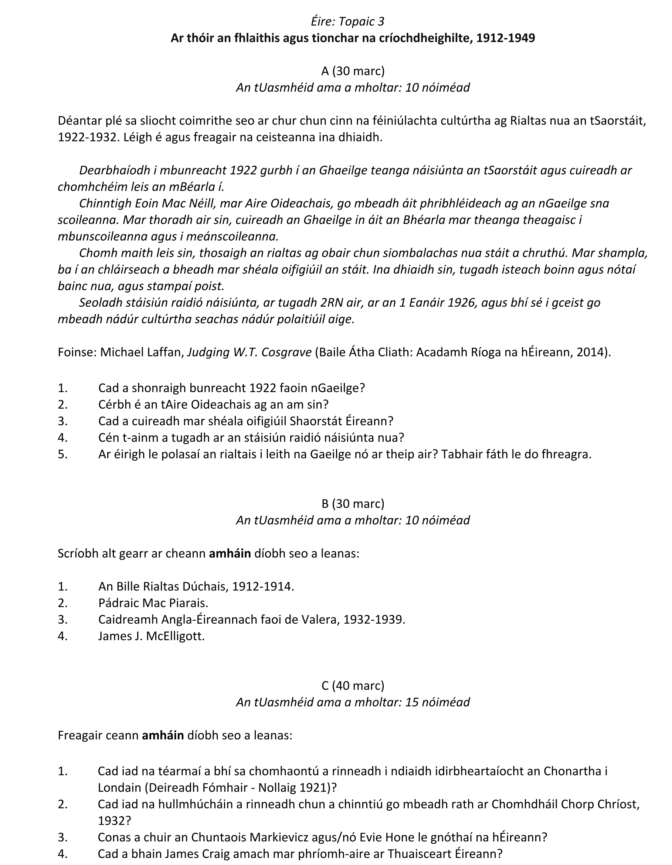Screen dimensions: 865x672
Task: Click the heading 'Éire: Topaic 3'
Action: pos(347,21)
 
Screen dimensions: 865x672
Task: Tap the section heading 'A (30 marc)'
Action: pos(353,71)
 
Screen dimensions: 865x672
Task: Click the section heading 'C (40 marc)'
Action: pos(353,685)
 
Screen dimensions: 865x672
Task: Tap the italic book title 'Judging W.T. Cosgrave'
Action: pos(249,352)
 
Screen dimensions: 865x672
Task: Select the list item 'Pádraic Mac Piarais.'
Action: pos(153,603)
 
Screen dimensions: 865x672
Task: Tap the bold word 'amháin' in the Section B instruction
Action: pos(230,553)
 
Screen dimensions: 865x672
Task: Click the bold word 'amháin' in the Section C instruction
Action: pos(163,735)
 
